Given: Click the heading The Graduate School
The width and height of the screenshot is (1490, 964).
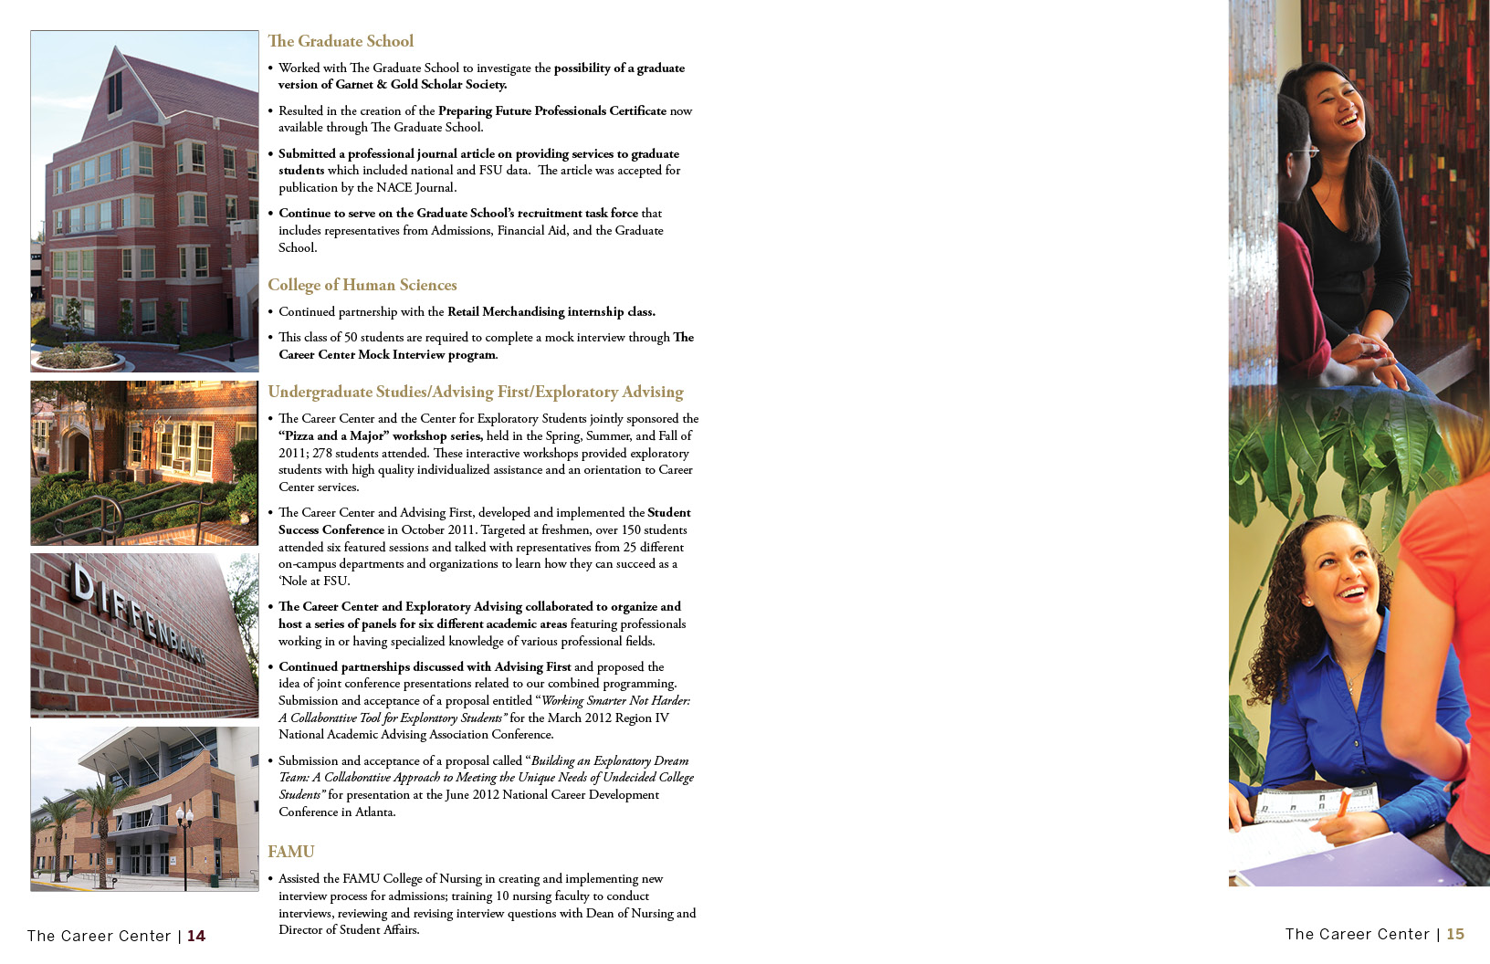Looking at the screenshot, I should (340, 41).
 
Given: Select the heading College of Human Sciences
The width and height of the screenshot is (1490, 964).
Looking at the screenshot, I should (362, 285).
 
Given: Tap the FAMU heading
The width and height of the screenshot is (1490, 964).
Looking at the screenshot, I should (290, 852).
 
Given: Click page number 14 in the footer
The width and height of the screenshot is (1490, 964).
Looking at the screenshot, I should (196, 936).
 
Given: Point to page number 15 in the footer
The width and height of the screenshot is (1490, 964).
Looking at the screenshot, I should (1455, 934).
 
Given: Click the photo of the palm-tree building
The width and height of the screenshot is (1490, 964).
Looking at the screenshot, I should (144, 809).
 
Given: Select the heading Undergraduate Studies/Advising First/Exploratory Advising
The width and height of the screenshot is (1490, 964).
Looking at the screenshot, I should (475, 392).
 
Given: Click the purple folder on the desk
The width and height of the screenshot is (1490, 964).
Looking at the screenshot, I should (1333, 863).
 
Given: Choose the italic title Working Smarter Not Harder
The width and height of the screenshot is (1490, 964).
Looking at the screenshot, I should (615, 701).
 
